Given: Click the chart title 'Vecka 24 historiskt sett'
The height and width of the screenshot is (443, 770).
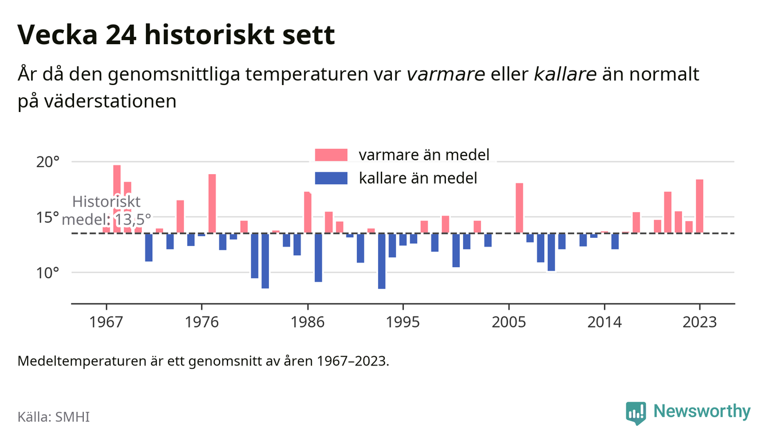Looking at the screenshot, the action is (176, 34).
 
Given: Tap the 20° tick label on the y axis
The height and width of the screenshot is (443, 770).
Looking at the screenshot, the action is (48, 162).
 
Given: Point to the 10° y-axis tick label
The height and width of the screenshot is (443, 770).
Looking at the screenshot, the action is (48, 273).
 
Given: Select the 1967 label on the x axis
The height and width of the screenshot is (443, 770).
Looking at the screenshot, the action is (106, 322).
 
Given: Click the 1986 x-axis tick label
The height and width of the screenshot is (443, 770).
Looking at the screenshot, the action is (307, 322).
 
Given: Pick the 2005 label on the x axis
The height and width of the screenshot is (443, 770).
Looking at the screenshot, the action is (509, 322).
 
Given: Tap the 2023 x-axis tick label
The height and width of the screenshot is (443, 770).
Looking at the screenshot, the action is (699, 322).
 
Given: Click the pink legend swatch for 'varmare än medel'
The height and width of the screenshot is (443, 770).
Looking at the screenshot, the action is (331, 155).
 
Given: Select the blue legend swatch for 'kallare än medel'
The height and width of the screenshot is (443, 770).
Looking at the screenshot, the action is (331, 178).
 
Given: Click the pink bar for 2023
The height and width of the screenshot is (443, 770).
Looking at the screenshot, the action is (699, 206).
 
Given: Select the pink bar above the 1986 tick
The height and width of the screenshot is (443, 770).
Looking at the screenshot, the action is (307, 213).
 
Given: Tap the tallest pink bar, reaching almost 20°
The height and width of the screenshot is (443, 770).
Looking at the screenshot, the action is (117, 199).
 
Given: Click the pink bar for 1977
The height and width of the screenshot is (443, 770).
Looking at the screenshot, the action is (212, 204).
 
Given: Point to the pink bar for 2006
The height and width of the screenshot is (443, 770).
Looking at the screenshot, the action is (519, 208).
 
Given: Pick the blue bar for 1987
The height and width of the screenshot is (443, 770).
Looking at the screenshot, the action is (318, 257).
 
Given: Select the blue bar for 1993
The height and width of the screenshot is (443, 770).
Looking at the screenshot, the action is (382, 261).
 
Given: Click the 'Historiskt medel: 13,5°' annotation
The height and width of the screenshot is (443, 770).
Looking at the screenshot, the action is (106, 211).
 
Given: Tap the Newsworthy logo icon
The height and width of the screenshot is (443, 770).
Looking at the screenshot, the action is (636, 413).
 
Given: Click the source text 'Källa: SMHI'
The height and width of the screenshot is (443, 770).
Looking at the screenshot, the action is (53, 417).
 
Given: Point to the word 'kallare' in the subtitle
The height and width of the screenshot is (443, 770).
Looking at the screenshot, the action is (565, 74).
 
